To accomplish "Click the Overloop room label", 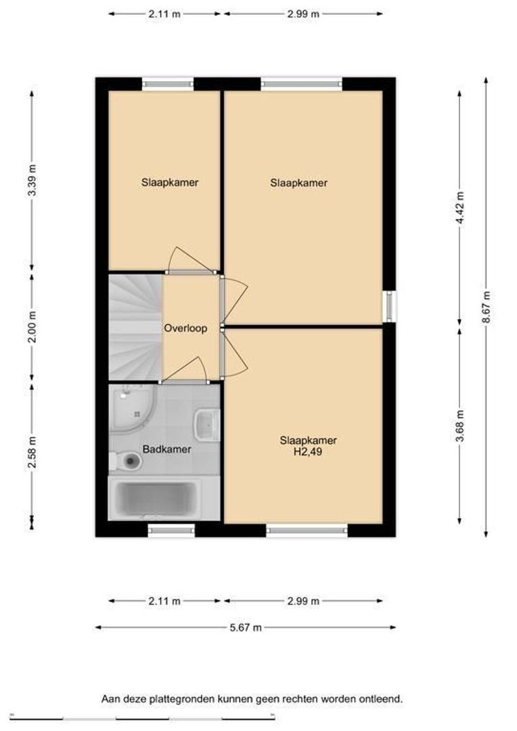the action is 185,328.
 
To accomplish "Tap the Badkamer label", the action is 166,449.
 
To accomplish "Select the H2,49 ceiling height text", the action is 308,451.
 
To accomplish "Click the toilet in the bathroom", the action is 127,461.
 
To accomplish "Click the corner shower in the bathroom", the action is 131,409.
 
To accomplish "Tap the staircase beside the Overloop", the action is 135,327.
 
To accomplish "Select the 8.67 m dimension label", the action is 487,307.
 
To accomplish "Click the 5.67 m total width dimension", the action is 246,627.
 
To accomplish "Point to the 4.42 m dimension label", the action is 460,208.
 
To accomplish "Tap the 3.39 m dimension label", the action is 32,181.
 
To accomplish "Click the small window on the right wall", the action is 390,307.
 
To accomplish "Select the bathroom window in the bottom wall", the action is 171,530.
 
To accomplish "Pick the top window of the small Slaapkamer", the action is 168,84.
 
